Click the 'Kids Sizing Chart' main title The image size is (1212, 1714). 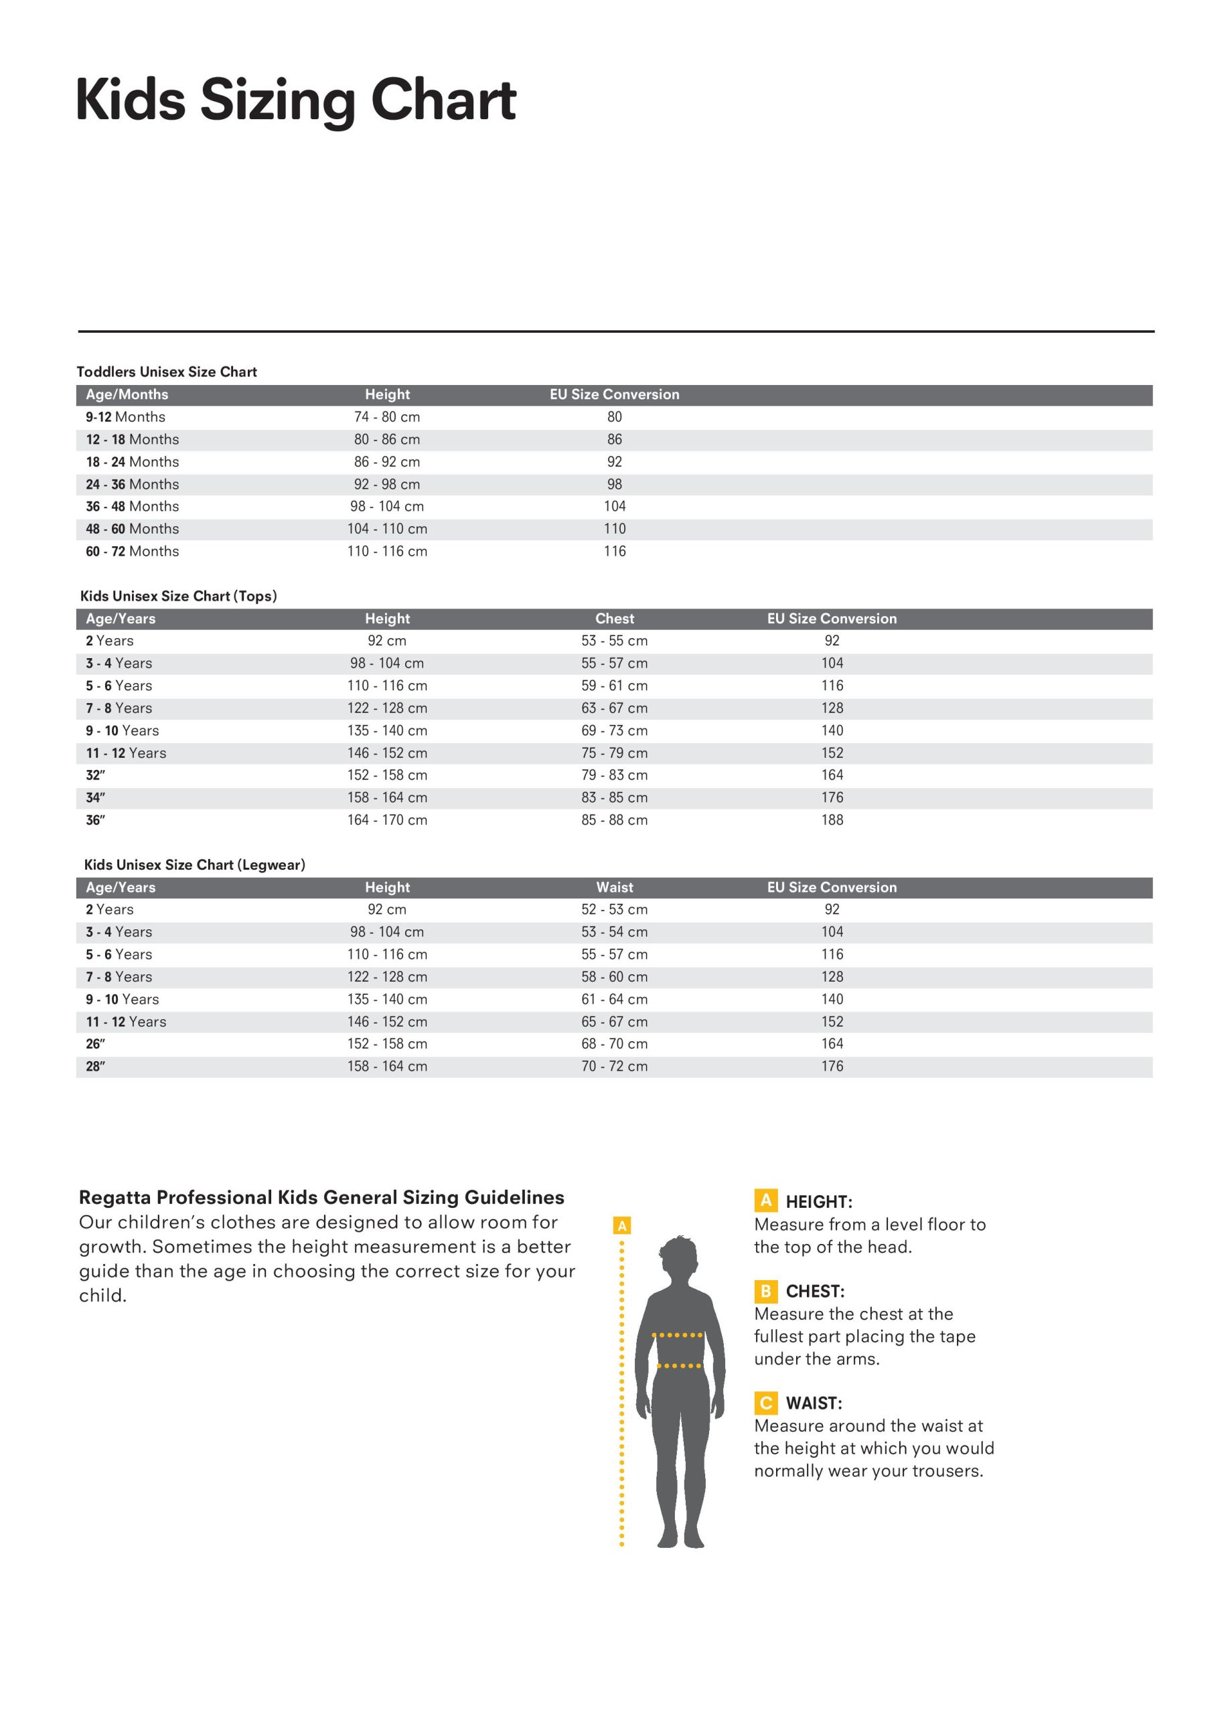(x=296, y=101)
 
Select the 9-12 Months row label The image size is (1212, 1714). (x=125, y=416)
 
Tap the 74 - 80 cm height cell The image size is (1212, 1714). (x=387, y=416)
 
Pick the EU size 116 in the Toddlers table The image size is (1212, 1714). (x=615, y=551)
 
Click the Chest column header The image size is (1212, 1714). (x=615, y=618)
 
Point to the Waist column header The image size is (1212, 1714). (x=615, y=887)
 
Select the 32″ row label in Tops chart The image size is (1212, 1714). (x=96, y=775)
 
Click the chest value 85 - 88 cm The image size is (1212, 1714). (x=615, y=820)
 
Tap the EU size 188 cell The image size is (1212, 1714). (x=832, y=820)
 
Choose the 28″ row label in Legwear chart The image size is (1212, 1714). (x=96, y=1066)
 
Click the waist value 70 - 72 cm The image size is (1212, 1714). (x=615, y=1066)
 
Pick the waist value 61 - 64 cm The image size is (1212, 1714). (x=615, y=999)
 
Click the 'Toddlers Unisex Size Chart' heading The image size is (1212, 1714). (x=167, y=372)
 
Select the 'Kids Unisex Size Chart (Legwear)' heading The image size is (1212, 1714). (x=194, y=864)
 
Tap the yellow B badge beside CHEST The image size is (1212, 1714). (x=765, y=1291)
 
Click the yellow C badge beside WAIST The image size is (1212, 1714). (x=765, y=1403)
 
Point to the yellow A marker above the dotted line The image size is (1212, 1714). (x=621, y=1225)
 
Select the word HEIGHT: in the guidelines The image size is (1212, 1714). (x=818, y=1202)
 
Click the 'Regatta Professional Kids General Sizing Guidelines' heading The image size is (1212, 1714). (x=321, y=1197)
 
